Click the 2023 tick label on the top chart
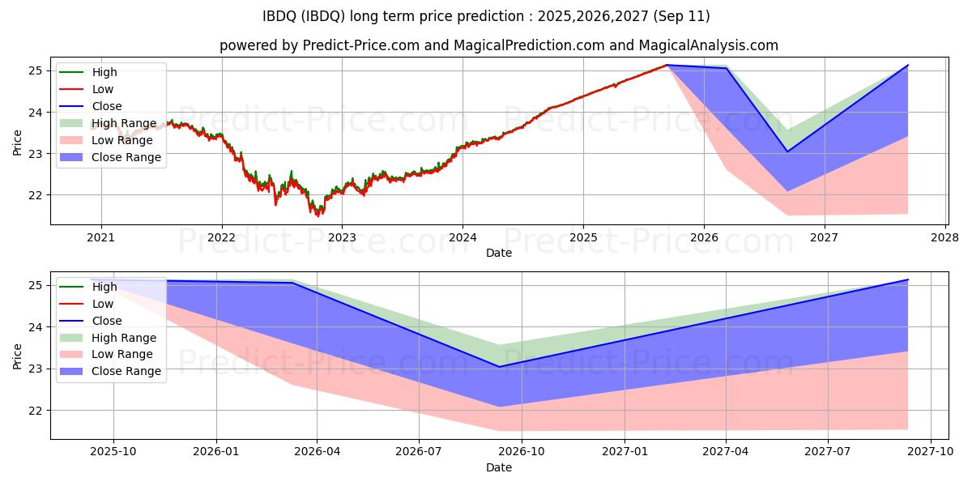[x=342, y=237]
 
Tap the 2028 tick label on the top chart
[x=945, y=237]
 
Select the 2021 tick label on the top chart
[x=100, y=237]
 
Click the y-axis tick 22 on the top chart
[x=36, y=195]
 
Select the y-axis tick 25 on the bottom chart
[x=36, y=285]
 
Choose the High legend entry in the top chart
[x=104, y=72]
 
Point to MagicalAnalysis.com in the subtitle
[x=708, y=45]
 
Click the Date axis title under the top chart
[x=498, y=253]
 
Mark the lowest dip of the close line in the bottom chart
[x=499, y=366]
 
